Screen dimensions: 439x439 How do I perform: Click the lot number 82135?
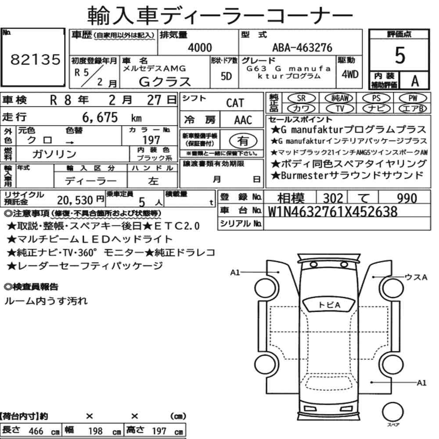(35, 59)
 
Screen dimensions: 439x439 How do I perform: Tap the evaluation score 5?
(400, 55)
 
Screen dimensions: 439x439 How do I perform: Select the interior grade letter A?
(415, 81)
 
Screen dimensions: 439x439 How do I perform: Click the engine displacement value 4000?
(200, 47)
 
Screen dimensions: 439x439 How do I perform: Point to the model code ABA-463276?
(302, 47)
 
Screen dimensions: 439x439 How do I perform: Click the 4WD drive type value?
(350, 75)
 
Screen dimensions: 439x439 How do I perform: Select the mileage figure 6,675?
(100, 117)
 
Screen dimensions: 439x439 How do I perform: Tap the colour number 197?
(151, 140)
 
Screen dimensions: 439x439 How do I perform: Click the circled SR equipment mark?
(302, 98)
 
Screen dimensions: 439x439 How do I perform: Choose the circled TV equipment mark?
(340, 108)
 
